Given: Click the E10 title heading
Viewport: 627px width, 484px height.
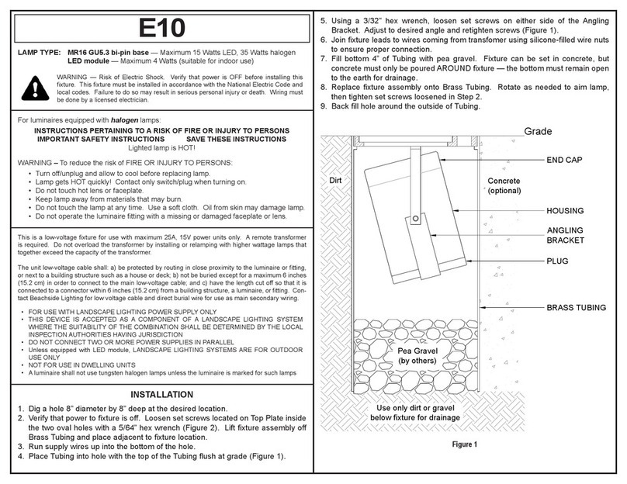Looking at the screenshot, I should (x=161, y=27).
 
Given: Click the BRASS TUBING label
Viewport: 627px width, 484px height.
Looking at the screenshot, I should (x=577, y=308).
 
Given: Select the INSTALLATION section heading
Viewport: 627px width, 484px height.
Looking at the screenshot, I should (x=161, y=394).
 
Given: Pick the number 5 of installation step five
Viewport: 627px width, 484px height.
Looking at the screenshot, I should (x=324, y=18).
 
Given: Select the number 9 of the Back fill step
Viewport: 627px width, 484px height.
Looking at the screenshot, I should (x=324, y=107).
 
